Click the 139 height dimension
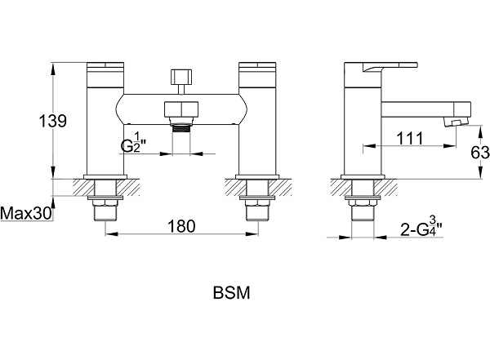[x=53, y=121]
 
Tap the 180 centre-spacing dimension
[x=181, y=226]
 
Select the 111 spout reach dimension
[x=410, y=138]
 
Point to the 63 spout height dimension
[x=481, y=153]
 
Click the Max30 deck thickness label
[x=26, y=214]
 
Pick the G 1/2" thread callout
[x=134, y=143]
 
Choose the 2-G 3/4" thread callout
[x=421, y=226]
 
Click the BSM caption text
[x=232, y=293]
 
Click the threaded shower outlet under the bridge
[x=181, y=128]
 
